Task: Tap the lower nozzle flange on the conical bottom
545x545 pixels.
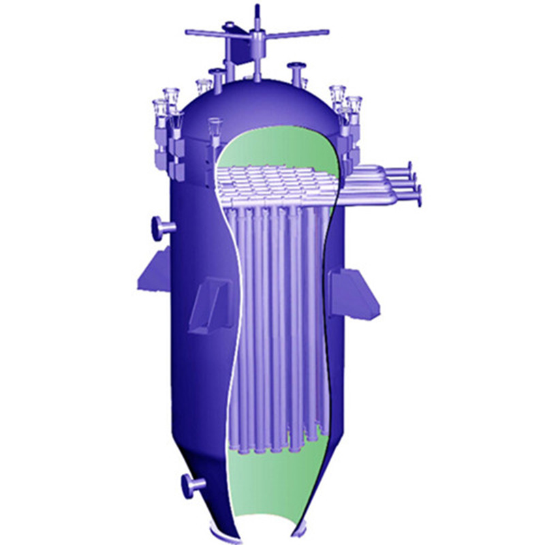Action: click(191, 485)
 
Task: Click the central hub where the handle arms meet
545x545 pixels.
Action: click(257, 33)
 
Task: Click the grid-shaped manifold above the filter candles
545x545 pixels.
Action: click(272, 183)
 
